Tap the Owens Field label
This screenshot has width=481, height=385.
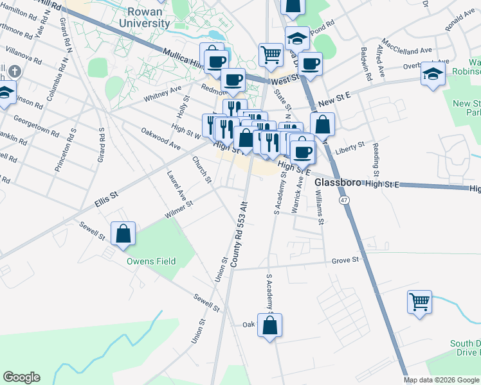[150, 261]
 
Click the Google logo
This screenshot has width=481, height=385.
[21, 377]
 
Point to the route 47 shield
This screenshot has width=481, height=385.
[345, 201]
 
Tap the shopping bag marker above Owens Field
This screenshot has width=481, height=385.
[122, 234]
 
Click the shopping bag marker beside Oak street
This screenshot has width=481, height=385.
[269, 325]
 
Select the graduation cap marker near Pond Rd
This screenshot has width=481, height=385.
[297, 37]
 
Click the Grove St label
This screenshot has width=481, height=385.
[345, 260]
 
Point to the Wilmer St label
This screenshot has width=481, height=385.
[179, 210]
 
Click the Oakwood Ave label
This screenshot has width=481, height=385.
[161, 139]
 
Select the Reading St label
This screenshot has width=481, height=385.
[376, 157]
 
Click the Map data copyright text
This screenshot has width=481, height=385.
[441, 380]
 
